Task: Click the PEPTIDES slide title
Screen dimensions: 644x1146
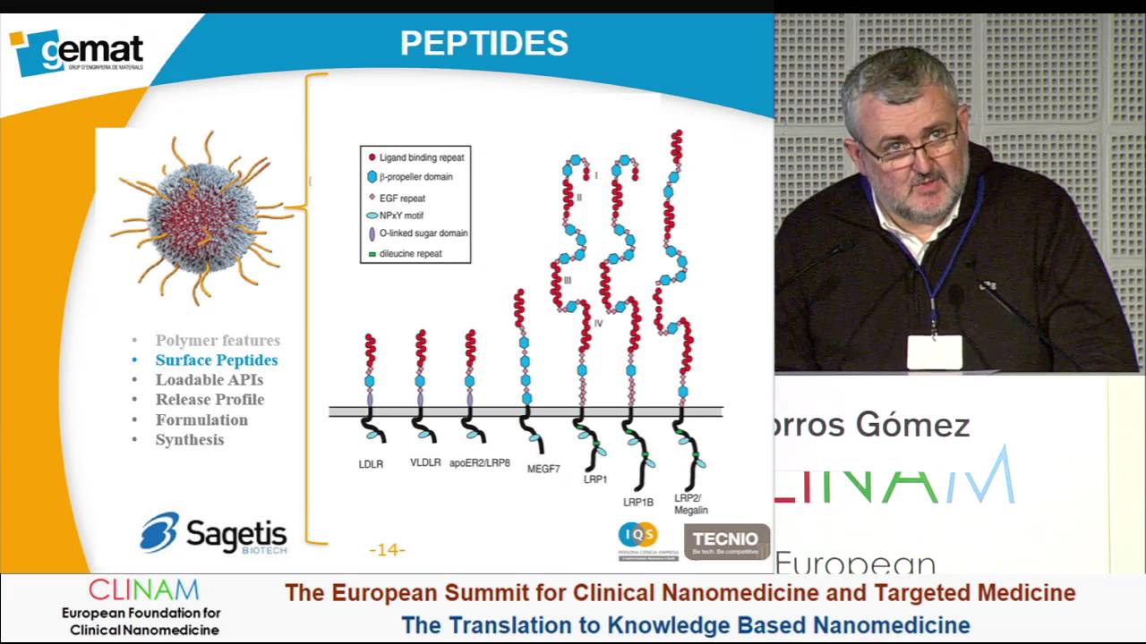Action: tap(483, 43)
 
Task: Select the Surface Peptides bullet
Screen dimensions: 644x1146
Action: tap(216, 360)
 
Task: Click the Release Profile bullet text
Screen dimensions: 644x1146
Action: tap(210, 399)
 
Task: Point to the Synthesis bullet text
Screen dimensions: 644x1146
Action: tap(190, 439)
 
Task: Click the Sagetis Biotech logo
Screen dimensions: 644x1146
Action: tap(214, 534)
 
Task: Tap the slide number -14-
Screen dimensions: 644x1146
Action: tap(387, 550)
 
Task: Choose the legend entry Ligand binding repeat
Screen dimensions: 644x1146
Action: tap(421, 157)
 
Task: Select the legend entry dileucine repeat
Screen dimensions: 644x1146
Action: tap(410, 254)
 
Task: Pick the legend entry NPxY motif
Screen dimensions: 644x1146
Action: tap(401, 216)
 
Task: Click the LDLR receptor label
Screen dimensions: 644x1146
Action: tap(371, 464)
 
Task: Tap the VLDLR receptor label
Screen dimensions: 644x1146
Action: tap(425, 462)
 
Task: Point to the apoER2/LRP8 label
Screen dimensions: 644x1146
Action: tap(480, 463)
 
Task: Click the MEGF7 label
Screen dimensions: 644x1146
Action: tap(543, 469)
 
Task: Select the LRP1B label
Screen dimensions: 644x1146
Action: tap(638, 503)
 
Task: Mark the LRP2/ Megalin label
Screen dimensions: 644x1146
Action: tap(690, 504)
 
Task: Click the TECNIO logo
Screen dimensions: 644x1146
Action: tap(726, 541)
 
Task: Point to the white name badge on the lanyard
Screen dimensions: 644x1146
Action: tap(935, 353)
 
